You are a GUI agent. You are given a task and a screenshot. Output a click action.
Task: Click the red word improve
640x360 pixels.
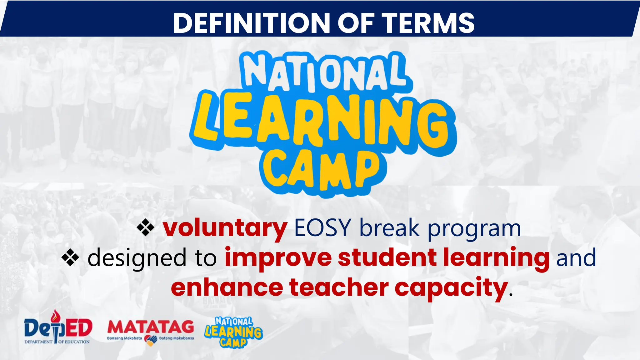coord(278,258)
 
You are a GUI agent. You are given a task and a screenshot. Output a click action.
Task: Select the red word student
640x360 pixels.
coord(387,257)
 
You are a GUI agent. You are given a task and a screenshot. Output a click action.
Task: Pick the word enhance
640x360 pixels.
coord(227,287)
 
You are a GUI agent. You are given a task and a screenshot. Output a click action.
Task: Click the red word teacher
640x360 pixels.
coord(339,287)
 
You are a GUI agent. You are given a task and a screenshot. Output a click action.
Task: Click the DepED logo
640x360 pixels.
coord(58,328)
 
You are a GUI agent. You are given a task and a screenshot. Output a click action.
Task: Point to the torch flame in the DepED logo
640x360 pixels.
coord(56,316)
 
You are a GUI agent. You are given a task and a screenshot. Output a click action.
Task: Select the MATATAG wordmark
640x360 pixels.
coord(150,327)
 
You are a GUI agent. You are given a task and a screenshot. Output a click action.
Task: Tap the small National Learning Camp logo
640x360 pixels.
coord(234,332)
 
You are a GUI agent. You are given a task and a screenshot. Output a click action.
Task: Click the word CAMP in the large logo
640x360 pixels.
coord(322,170)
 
